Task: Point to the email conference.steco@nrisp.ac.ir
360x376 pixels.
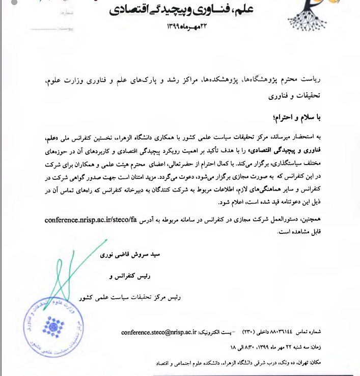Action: tap(159, 332)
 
